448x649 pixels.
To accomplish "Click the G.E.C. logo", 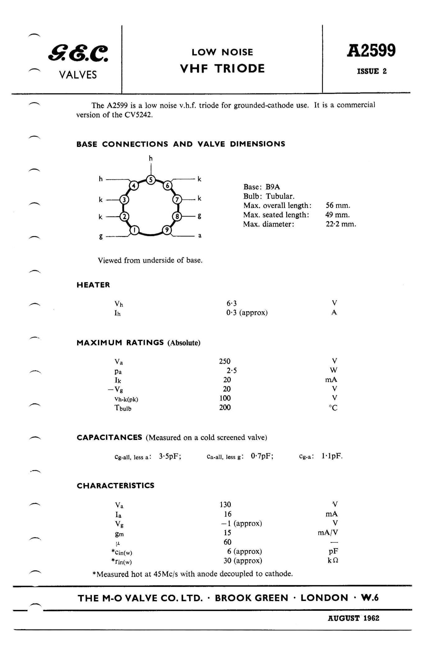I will (x=78, y=53).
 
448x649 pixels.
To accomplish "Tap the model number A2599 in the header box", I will (x=371, y=51).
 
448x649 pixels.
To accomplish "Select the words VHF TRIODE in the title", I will (x=222, y=69).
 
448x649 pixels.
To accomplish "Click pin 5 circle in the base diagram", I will (x=151, y=180).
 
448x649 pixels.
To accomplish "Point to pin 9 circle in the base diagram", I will (x=167, y=230).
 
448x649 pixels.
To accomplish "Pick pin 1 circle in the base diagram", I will (x=134, y=230).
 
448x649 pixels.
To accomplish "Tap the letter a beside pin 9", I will (x=200, y=236).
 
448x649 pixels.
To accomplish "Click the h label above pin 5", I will (x=151, y=159).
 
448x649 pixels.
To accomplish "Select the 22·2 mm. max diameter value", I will (x=341, y=224).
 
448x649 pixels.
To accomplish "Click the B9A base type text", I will (x=272, y=187).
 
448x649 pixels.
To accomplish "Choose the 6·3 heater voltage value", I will (x=231, y=303).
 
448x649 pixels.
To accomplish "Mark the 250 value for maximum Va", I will (x=225, y=361).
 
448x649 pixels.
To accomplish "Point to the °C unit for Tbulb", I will (x=333, y=408).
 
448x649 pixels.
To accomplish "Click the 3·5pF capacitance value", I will (x=170, y=456).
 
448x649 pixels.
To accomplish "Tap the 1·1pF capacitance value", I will (x=332, y=456).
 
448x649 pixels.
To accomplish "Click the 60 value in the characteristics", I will (x=227, y=542).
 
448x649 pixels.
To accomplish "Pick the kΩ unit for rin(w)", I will (x=333, y=560).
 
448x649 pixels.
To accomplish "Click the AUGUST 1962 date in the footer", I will (x=353, y=618).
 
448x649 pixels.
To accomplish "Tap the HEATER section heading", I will (x=93, y=285).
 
